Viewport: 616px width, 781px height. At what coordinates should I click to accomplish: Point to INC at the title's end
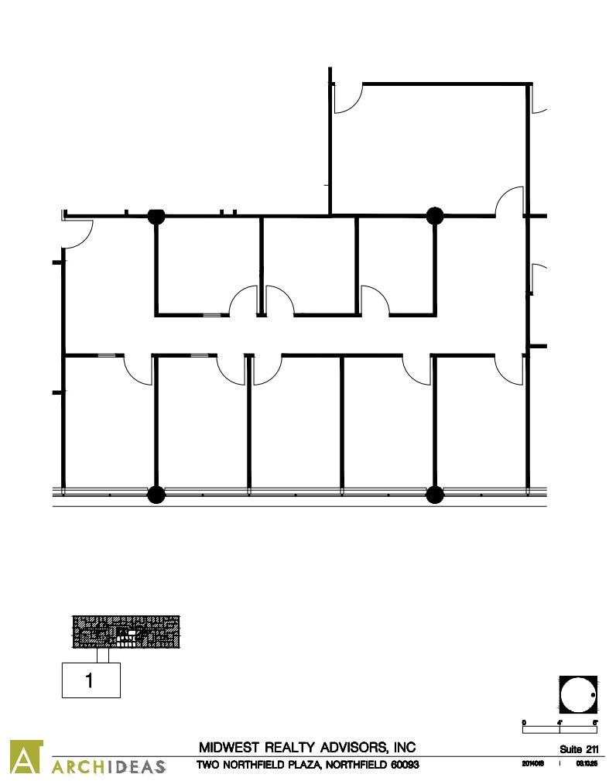pos(405,748)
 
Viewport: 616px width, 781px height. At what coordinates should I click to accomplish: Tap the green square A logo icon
pos(25,757)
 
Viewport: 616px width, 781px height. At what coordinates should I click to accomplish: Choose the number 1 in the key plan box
pos(91,681)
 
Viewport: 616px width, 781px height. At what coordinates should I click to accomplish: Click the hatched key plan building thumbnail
pos(126,632)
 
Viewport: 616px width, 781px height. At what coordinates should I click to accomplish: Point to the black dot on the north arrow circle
pos(592,695)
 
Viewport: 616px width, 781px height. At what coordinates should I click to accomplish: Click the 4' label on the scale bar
pos(560,722)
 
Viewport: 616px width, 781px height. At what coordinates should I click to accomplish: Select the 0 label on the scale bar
pos(524,722)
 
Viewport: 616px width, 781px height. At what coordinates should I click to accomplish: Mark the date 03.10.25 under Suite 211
pos(584,765)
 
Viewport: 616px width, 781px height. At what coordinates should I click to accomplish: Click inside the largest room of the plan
pos(429,147)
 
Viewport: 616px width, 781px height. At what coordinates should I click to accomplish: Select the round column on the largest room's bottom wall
pos(435,215)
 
